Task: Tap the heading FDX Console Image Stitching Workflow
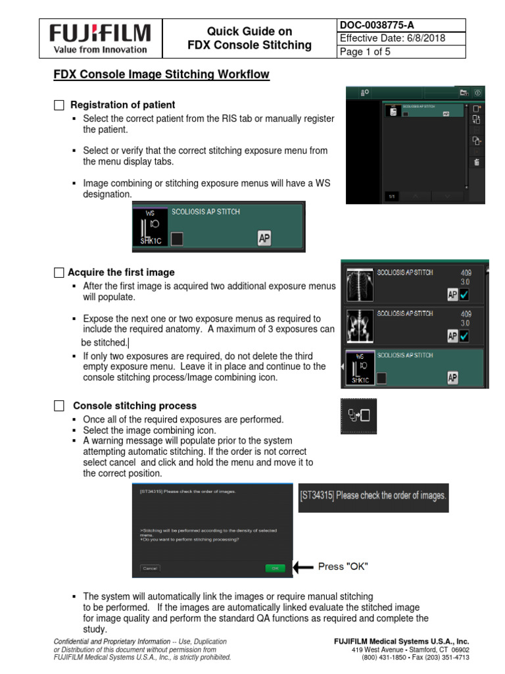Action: (x=161, y=74)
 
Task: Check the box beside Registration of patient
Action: (x=59, y=105)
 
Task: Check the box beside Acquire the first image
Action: (x=59, y=272)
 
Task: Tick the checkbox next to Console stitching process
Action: (x=59, y=406)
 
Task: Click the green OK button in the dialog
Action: (x=275, y=567)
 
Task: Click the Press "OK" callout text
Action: (x=343, y=567)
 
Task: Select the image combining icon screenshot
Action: (x=358, y=416)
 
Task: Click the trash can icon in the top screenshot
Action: (x=477, y=162)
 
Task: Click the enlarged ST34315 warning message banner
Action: (x=373, y=496)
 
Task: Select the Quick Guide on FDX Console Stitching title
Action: (x=249, y=38)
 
